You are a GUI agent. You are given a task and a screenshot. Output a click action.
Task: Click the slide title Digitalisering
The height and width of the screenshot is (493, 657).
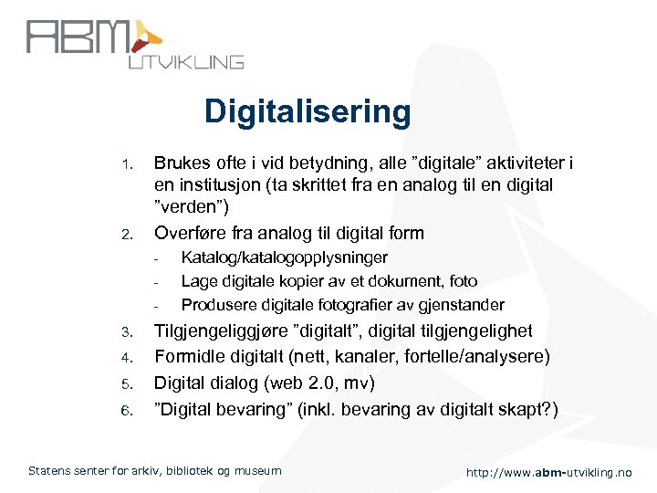(x=308, y=112)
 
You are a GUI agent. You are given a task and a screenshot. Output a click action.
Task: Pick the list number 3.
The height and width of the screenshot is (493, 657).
(x=129, y=331)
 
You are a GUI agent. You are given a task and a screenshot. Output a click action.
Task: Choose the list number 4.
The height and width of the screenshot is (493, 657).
(x=129, y=357)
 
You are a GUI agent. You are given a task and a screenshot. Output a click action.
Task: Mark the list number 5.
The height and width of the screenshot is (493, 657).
(x=129, y=383)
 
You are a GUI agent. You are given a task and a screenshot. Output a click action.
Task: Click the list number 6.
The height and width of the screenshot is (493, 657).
(x=129, y=408)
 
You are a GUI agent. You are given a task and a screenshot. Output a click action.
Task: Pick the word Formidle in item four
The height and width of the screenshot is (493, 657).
(x=189, y=356)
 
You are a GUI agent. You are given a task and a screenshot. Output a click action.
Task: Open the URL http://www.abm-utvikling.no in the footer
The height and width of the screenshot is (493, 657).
(x=547, y=472)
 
